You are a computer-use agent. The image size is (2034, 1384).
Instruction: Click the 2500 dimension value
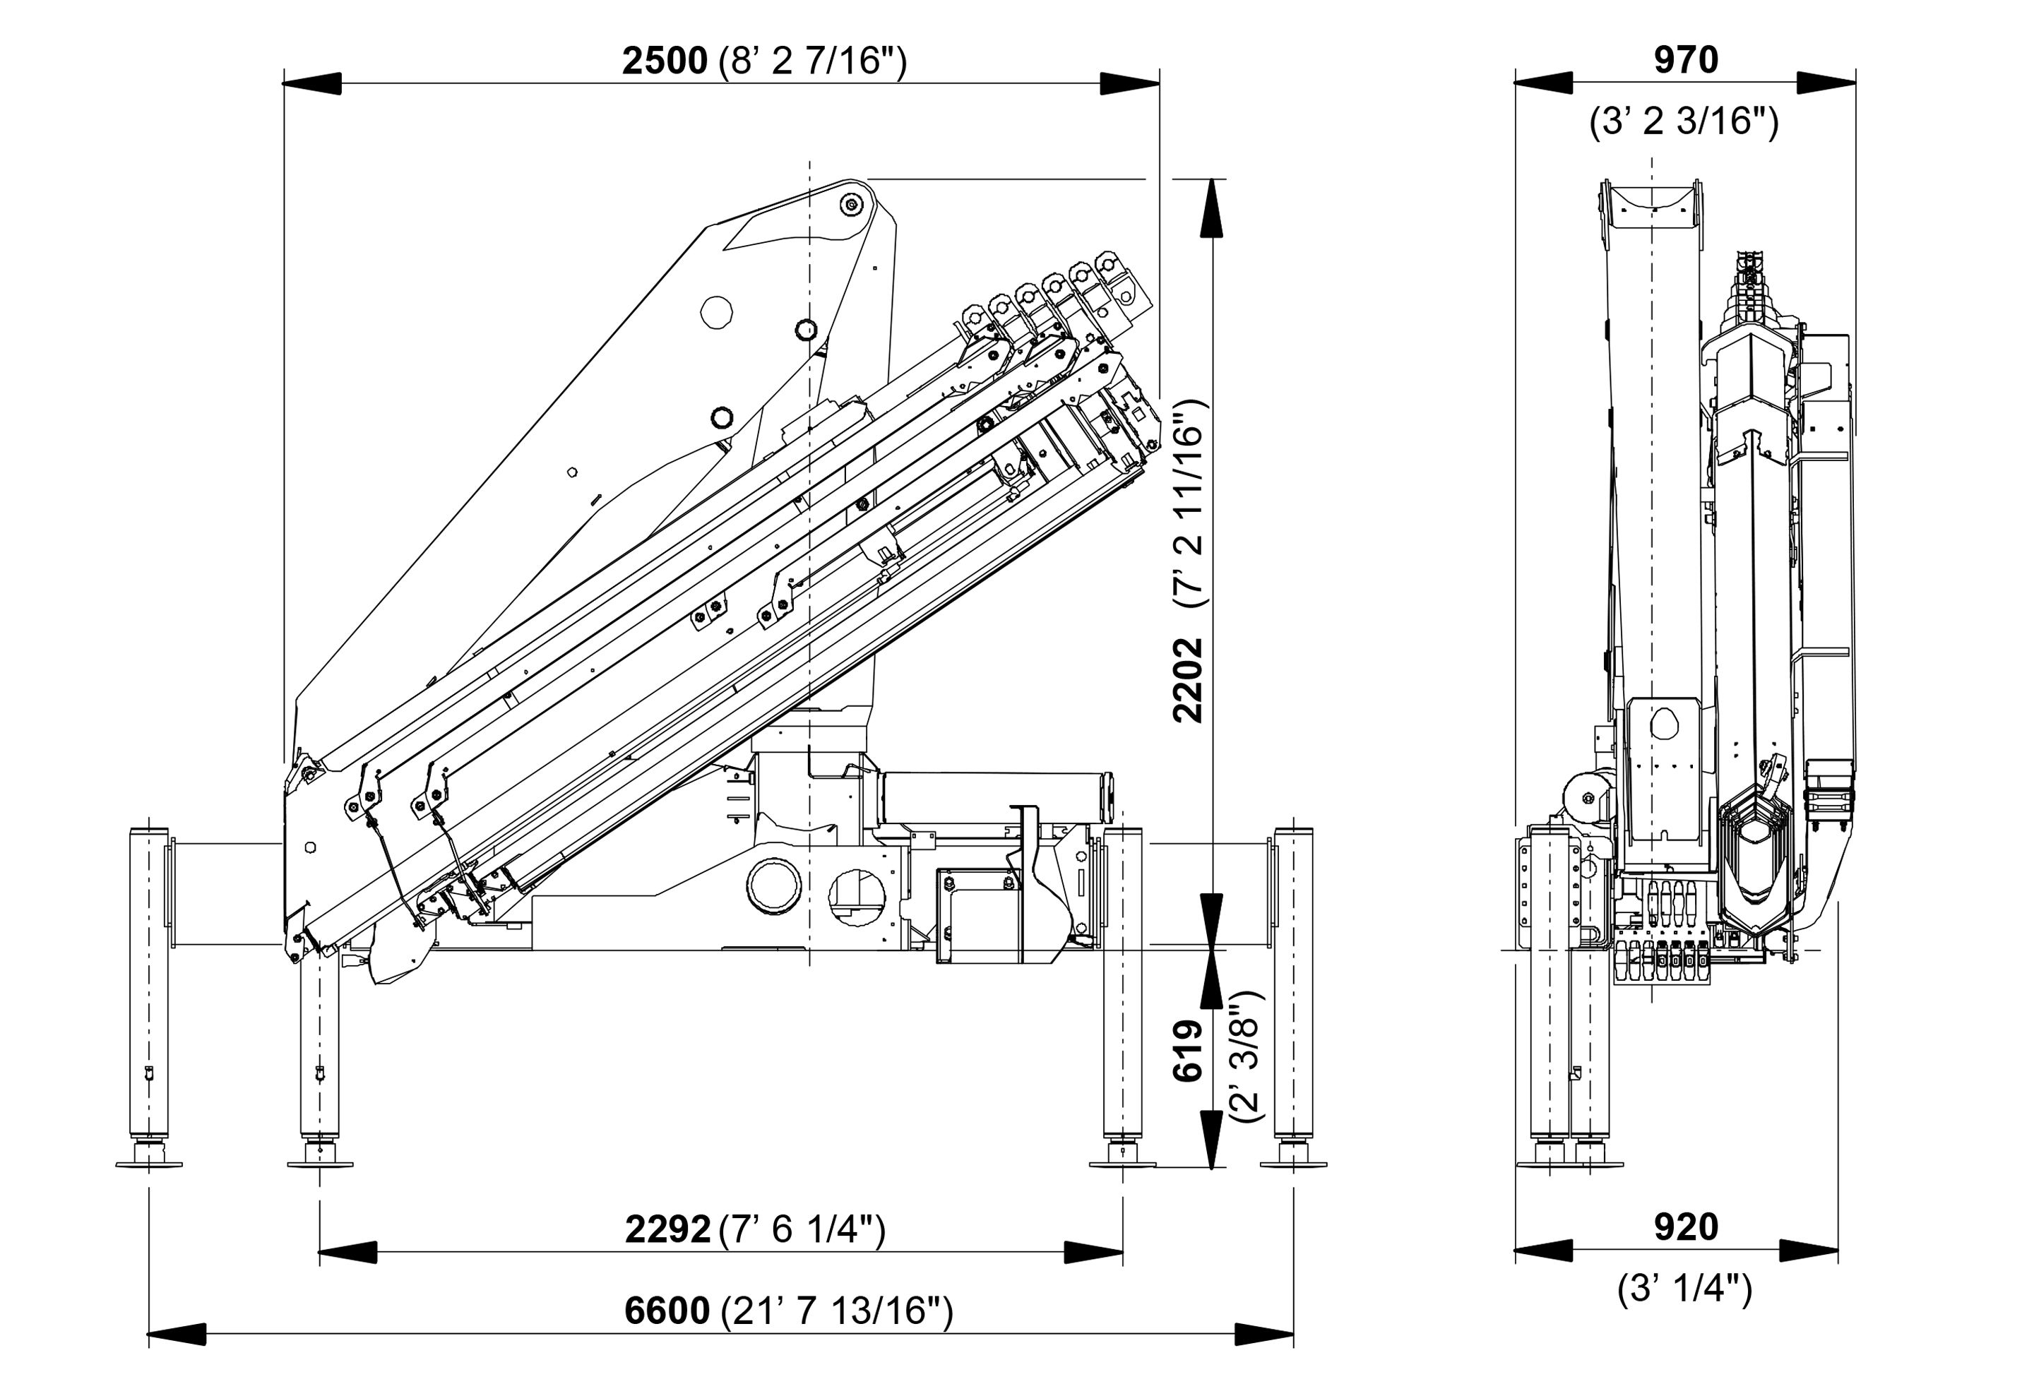(x=665, y=61)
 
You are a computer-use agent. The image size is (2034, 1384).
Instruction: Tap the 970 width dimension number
(x=1686, y=60)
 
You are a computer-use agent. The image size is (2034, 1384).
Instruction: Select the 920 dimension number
(x=1686, y=1227)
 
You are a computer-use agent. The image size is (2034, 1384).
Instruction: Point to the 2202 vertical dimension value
(x=1188, y=681)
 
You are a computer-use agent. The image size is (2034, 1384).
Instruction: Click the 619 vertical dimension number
(x=1188, y=1051)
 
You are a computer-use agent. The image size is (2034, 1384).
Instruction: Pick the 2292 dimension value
(x=667, y=1230)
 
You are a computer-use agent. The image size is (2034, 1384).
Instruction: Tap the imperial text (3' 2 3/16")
(x=1684, y=121)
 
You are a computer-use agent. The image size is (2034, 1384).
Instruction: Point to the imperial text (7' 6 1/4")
(x=802, y=1230)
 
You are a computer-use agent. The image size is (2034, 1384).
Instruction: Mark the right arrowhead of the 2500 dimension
(x=1130, y=84)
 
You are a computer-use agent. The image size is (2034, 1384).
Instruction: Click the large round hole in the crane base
(x=773, y=885)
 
